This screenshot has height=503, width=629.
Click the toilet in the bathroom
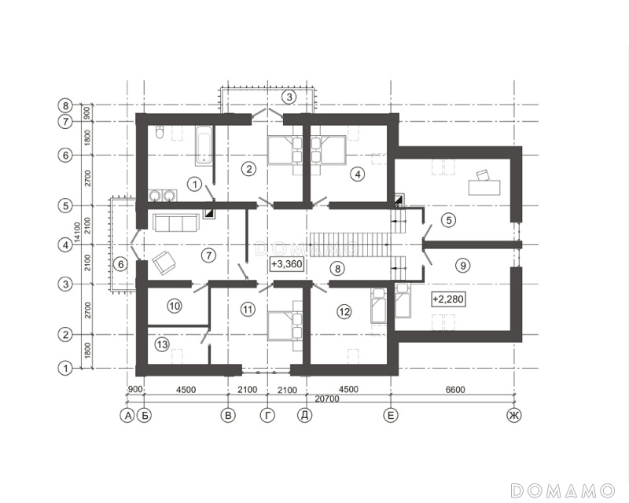click(160, 133)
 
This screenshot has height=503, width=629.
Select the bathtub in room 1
click(204, 145)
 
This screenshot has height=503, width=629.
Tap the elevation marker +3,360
click(287, 265)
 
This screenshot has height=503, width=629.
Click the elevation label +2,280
click(448, 299)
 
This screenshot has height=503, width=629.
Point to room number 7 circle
click(208, 255)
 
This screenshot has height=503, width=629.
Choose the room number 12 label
click(344, 312)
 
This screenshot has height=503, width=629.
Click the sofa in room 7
click(175, 222)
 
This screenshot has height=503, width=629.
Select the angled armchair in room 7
click(164, 263)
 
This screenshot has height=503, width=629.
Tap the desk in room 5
click(484, 184)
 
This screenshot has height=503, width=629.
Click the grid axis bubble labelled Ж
click(514, 416)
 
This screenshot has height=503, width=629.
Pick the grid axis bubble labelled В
click(228, 416)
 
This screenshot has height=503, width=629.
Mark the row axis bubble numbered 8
click(65, 106)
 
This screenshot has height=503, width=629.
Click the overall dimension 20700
click(327, 399)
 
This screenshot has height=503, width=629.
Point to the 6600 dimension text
click(455, 390)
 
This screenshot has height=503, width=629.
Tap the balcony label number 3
click(289, 97)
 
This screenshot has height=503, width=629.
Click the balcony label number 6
click(120, 264)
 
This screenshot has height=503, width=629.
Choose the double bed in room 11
click(285, 325)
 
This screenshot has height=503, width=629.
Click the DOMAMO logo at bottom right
click(562, 490)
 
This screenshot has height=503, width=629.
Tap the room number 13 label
click(162, 344)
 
